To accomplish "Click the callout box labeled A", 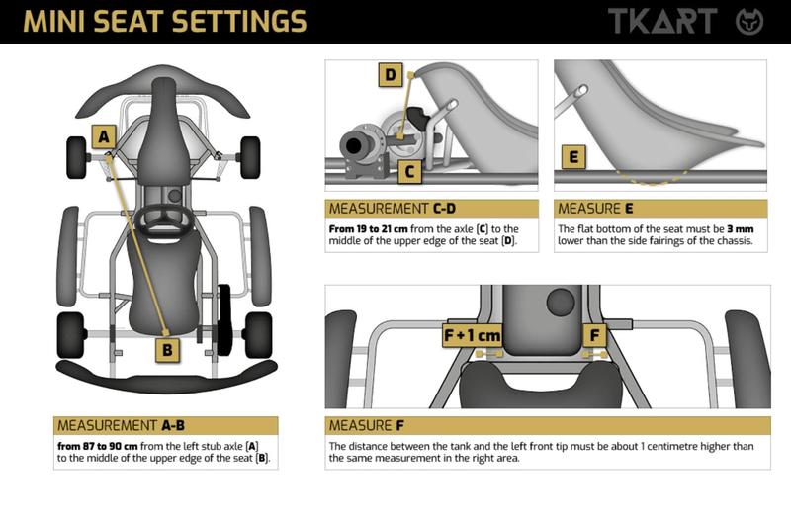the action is click(x=104, y=136).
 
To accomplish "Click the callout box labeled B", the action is click(x=167, y=349).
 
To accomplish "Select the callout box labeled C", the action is click(x=409, y=171).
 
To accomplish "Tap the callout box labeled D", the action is click(x=391, y=75).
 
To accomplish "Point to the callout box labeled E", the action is click(x=573, y=157).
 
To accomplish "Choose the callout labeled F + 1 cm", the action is click(x=472, y=335).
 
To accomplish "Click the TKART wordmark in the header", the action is click(x=662, y=21).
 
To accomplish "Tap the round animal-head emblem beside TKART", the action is click(x=749, y=22).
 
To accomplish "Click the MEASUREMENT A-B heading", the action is click(x=121, y=426).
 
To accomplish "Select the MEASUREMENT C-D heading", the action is click(x=393, y=209).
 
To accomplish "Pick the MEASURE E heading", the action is click(x=595, y=209).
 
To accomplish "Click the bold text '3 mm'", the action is click(x=740, y=229).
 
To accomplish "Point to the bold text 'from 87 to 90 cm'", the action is click(x=97, y=446).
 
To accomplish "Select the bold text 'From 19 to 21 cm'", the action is click(x=368, y=229).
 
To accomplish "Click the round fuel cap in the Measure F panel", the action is click(x=560, y=303).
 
